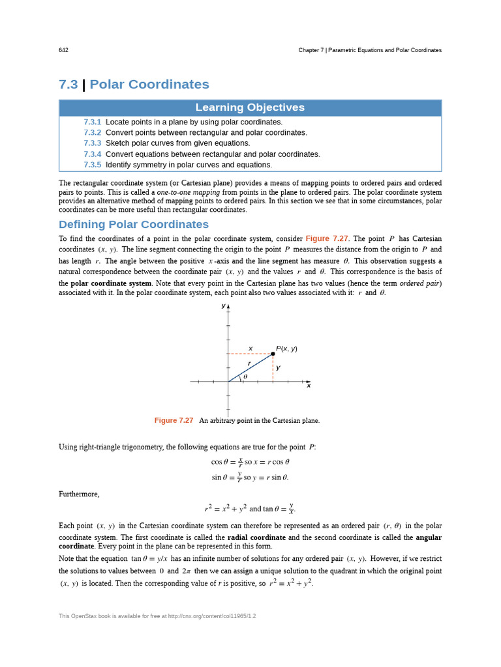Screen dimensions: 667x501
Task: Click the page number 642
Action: (63, 50)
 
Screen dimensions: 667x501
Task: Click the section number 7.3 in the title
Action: (68, 85)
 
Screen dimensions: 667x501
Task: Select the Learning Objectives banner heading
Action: (250, 108)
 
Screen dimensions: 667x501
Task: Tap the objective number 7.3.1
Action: (92, 122)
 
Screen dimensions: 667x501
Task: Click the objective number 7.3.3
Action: (92, 143)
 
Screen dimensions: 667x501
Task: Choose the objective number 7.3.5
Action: (92, 165)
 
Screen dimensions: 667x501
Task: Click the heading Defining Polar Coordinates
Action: (134, 225)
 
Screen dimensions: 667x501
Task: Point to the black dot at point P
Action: (273, 354)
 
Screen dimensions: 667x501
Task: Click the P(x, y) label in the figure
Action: (286, 348)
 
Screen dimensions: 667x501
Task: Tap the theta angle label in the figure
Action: (245, 376)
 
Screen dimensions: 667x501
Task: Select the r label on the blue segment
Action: (249, 363)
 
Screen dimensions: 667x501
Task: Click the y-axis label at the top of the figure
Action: (223, 305)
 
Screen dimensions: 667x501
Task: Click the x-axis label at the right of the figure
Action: (309, 386)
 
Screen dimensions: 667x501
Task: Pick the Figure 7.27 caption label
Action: (174, 421)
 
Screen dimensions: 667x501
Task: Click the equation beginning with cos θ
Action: (250, 462)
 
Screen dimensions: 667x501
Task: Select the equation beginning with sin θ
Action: (250, 477)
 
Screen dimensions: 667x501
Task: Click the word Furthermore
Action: (79, 494)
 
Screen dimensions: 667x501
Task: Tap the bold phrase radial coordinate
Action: (256, 538)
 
